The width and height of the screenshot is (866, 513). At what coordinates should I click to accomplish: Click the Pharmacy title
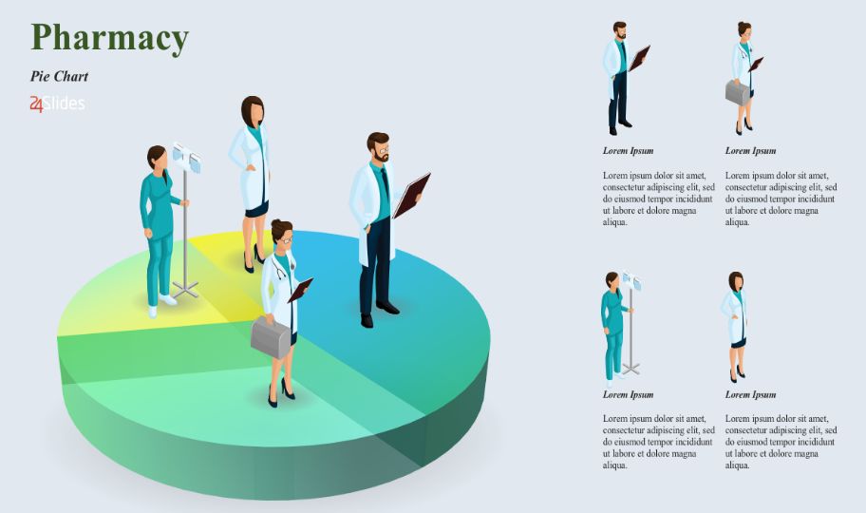tap(109, 38)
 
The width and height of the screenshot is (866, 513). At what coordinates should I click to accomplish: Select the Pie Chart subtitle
tap(59, 76)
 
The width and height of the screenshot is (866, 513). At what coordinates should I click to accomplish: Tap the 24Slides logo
tap(57, 104)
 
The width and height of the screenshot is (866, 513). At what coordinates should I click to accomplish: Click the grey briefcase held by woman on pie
tap(271, 336)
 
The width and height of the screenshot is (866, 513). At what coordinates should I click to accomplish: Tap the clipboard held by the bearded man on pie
tap(411, 195)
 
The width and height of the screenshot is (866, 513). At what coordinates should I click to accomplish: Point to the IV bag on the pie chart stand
tap(187, 157)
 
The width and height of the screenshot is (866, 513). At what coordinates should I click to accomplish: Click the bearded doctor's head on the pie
tap(378, 146)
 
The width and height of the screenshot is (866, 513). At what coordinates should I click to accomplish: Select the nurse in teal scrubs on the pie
tap(160, 231)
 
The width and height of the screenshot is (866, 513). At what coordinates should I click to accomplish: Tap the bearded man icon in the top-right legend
tap(625, 78)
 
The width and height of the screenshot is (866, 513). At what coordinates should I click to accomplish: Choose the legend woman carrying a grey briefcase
tap(744, 78)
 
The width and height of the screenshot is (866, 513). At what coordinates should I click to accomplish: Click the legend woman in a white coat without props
tap(735, 327)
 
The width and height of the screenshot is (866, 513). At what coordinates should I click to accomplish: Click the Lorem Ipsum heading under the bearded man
tap(628, 151)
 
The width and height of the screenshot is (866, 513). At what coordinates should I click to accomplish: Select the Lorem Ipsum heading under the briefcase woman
tap(750, 151)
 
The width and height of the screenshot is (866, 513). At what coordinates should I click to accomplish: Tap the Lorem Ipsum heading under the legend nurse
tap(628, 394)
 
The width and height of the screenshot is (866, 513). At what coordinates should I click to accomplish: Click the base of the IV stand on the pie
tap(185, 289)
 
